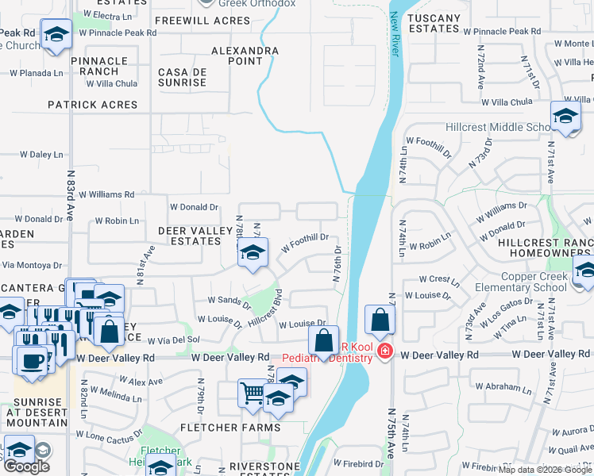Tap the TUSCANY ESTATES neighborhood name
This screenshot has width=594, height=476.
coord(433,23)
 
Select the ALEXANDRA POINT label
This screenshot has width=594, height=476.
coord(245,56)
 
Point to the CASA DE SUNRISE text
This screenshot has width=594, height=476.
coord(183,77)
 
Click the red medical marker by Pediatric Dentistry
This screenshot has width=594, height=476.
coord(385,351)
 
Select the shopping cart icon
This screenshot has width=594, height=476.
coord(252,391)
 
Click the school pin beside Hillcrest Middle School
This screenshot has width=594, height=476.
coord(565,117)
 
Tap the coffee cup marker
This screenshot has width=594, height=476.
coord(32,359)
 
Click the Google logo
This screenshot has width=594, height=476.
coord(26,466)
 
